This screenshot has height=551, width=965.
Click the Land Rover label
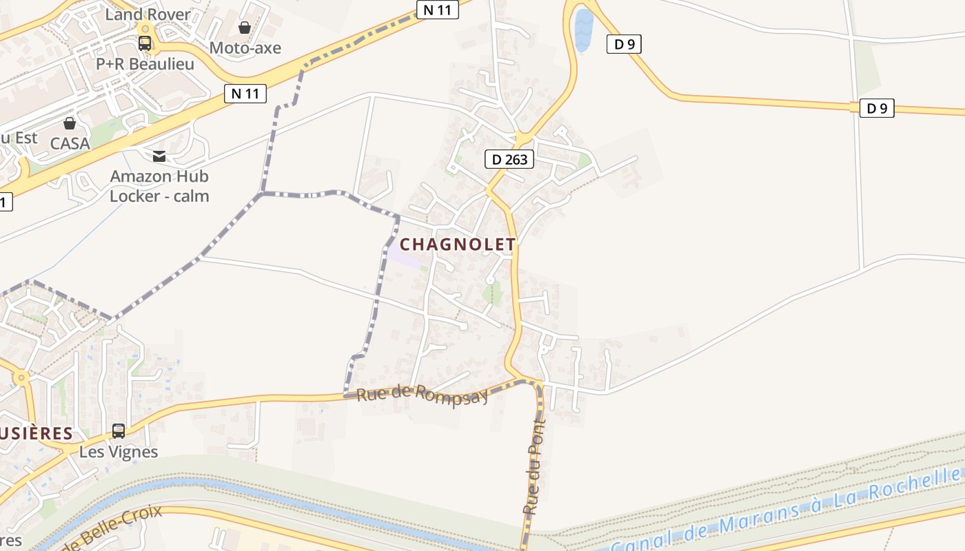tap(148, 14)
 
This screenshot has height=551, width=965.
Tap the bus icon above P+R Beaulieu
tap(145, 43)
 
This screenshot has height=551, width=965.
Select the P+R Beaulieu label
tap(145, 64)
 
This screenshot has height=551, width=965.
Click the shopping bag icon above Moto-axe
tap(245, 28)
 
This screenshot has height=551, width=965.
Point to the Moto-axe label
tap(245, 48)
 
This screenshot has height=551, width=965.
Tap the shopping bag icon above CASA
tap(70, 123)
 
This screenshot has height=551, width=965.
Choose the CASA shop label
tap(70, 143)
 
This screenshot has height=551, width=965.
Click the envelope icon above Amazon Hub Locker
tap(159, 156)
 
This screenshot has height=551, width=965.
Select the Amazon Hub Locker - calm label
tap(159, 186)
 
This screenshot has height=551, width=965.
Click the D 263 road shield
tap(509, 160)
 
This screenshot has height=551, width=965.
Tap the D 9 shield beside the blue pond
tap(624, 44)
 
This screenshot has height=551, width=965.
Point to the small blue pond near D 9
tap(583, 30)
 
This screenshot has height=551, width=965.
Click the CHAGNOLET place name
tap(458, 245)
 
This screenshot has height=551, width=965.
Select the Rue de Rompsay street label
tap(423, 395)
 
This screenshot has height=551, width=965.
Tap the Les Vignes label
tap(119, 453)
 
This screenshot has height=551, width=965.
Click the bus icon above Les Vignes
tap(119, 431)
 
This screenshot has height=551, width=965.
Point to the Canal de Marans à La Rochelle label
tap(786, 511)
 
